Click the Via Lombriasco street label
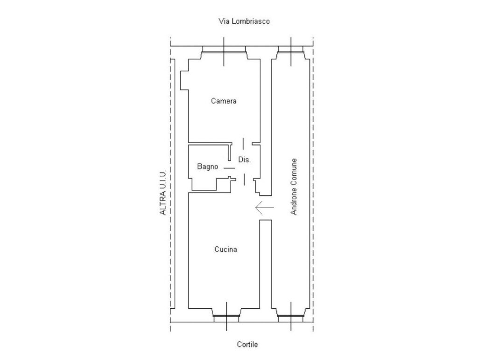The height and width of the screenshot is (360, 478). tap(244, 21)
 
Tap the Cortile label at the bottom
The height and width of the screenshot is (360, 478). tap(247, 345)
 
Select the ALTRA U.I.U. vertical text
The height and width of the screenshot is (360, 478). tap(163, 193)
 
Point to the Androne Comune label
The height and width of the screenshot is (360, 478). tap(294, 187)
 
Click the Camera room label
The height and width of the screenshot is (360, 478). tap(224, 101)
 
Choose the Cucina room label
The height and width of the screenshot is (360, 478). tap(225, 249)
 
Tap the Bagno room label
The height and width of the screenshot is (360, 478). tap(208, 166)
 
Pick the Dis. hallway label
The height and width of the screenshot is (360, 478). tap(244, 159)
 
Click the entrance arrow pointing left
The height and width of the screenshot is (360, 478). tap(264, 208)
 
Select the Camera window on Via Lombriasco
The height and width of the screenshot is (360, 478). tap(224, 49)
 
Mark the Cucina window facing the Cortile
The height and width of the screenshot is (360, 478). tap(226, 319)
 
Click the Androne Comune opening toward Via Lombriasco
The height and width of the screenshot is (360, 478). tap(291, 49)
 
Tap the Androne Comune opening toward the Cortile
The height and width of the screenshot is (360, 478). tap(291, 319)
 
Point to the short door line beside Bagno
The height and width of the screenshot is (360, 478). tap(229, 168)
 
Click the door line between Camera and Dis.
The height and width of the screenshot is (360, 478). tap(243, 144)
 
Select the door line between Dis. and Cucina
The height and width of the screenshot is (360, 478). tap(244, 180)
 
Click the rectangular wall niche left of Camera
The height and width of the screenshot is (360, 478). tap(184, 80)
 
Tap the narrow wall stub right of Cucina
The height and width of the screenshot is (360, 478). tap(266, 264)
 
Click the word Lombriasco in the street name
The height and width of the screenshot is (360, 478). tap(251, 21)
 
